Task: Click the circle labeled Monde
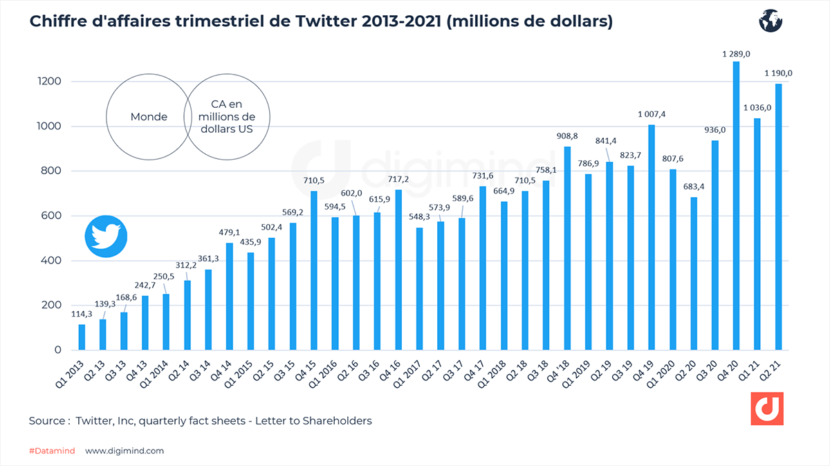pos(149,117)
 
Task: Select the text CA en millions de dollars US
pos(228,117)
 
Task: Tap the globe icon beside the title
pos(769,21)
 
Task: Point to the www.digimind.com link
pos(124,451)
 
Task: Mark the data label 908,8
pos(566,136)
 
